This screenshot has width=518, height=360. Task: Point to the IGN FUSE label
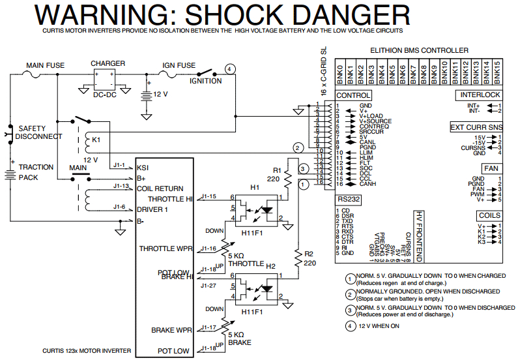pyautogui.click(x=178, y=65)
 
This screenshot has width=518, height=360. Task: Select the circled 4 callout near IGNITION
pyautogui.click(x=230, y=69)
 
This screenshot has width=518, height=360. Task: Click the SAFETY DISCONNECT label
pyautogui.click(x=40, y=132)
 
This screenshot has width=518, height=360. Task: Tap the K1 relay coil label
pyautogui.click(x=96, y=140)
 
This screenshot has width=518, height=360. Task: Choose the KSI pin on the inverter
pyautogui.click(x=143, y=167)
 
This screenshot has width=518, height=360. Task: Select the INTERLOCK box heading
pyautogui.click(x=480, y=95)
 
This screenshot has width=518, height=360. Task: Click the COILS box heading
pyautogui.click(x=489, y=215)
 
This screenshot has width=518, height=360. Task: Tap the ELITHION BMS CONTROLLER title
pyautogui.click(x=419, y=50)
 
